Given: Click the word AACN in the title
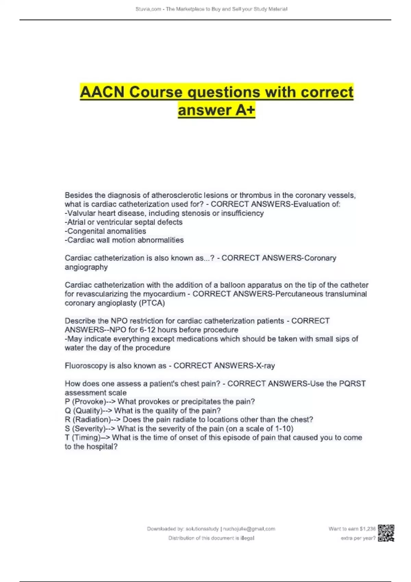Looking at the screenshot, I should coord(102,92).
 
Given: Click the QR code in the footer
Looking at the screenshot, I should coord(386,533).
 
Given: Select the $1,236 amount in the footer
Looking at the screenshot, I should coord(368,529).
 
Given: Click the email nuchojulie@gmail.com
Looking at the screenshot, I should coord(249,529).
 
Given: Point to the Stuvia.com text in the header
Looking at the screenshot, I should coord(148,9).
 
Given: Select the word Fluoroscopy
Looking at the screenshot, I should coord(86,366).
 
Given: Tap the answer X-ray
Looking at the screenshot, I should coord(264,366).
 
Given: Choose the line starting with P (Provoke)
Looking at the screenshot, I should coord(160,402).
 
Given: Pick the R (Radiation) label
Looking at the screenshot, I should coord(88,419).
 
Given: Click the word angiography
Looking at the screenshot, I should coord(86,267).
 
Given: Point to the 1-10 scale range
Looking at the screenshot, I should coord(284,429).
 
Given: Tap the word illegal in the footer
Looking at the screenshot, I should coord(247,538).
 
